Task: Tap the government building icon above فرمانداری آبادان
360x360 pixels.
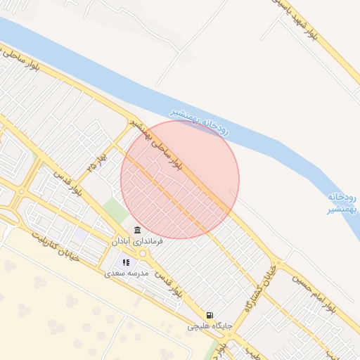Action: coord(137,231)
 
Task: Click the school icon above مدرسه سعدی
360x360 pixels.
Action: coord(127,262)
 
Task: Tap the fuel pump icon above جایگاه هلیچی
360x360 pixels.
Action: coord(209,315)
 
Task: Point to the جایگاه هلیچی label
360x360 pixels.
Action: coord(208,326)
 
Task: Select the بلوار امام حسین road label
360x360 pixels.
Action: coord(328,295)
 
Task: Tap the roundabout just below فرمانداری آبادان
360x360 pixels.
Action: coord(143,253)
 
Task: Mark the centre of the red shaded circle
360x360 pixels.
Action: coord(179,179)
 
